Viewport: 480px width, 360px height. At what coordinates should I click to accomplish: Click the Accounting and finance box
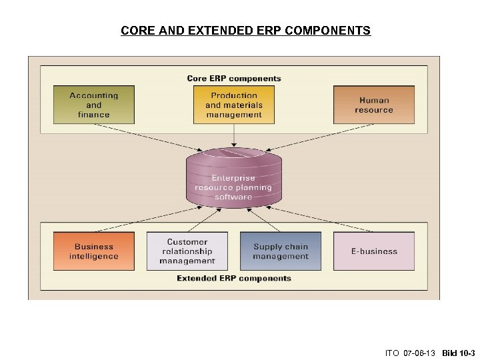coord(93,105)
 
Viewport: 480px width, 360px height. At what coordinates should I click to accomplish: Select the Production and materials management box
coord(233,105)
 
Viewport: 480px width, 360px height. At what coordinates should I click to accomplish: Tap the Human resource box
coord(374,105)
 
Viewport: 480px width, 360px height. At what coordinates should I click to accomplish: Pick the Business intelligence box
coord(93,251)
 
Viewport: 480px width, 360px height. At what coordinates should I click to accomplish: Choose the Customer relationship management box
coord(187,251)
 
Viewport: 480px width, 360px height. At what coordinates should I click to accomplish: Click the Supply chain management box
coord(281,251)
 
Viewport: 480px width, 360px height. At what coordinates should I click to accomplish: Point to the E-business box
coord(374,251)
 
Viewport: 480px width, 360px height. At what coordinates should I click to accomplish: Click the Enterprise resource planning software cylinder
coord(233,177)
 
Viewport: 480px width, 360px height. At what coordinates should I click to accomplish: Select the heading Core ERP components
coord(234,78)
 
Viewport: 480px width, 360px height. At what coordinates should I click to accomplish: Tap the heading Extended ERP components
coord(234,278)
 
